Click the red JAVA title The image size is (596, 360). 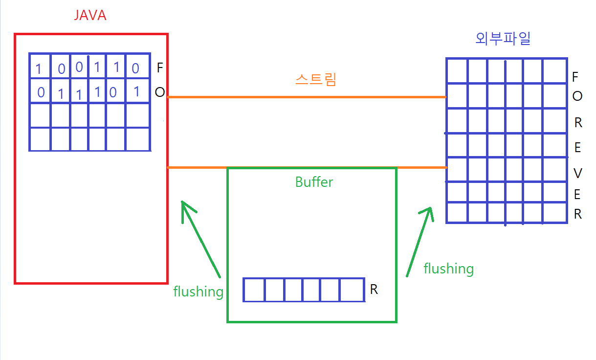pyautogui.click(x=90, y=16)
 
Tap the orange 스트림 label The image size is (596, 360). pyautogui.click(x=316, y=80)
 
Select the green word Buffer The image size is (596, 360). pyautogui.click(x=314, y=182)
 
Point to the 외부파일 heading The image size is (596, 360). pyautogui.click(x=503, y=39)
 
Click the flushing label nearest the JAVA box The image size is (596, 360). pyautogui.click(x=198, y=292)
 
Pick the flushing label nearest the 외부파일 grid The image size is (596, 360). pyautogui.click(x=448, y=269)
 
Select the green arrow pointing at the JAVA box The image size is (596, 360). pyautogui.click(x=200, y=238)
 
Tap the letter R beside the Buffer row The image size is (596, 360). pyautogui.click(x=374, y=290)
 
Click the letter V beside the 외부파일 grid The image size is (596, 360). pyautogui.click(x=577, y=173)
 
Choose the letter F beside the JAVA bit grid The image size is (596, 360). pyautogui.click(x=159, y=67)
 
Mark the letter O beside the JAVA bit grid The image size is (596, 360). pyautogui.click(x=159, y=92)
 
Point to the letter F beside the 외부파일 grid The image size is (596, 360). pyautogui.click(x=575, y=77)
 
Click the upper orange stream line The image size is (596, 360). pyautogui.click(x=307, y=97)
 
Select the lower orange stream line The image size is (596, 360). pyautogui.click(x=307, y=168)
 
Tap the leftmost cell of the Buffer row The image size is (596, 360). pyautogui.click(x=254, y=290)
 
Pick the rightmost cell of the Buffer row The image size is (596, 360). pyautogui.click(x=352, y=290)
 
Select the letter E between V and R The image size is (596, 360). pyautogui.click(x=577, y=195)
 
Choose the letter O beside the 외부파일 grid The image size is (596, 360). pyautogui.click(x=577, y=96)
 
